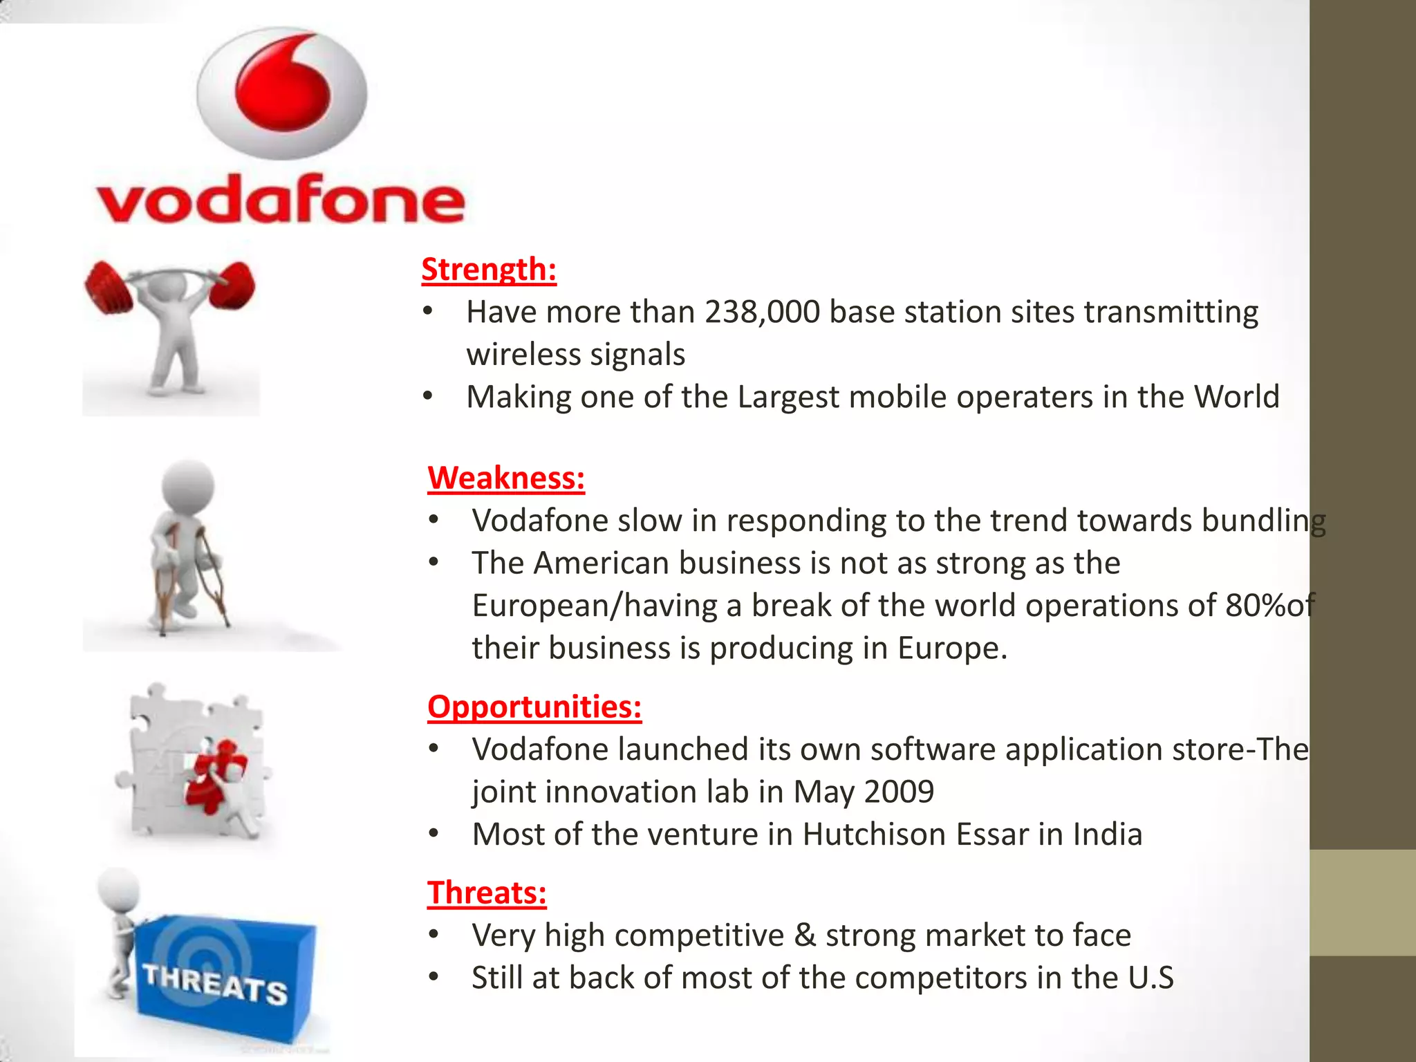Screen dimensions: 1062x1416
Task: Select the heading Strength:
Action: pyautogui.click(x=489, y=269)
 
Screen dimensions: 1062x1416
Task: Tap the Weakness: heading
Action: pyautogui.click(x=506, y=478)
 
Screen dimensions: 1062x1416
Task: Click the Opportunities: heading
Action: pyautogui.click(x=534, y=707)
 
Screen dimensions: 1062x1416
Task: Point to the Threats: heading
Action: pyautogui.click(x=487, y=893)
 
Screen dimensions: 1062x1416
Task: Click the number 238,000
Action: pyautogui.click(x=762, y=312)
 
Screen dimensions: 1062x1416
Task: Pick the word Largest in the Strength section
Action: pyautogui.click(x=788, y=397)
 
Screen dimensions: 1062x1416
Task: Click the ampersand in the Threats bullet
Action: pyautogui.click(x=805, y=935)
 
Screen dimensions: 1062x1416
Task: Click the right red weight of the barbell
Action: pyautogui.click(x=232, y=285)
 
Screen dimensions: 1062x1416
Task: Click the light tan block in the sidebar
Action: pyautogui.click(x=1362, y=902)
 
